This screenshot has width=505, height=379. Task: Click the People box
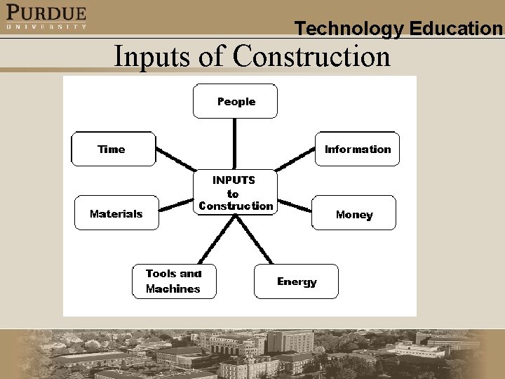click(236, 102)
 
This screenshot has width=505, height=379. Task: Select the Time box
click(113, 149)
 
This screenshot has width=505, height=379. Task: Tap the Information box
click(357, 149)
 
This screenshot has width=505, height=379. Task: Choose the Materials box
click(116, 213)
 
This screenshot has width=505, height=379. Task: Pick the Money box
click(353, 213)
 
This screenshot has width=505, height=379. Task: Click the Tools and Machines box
click(174, 281)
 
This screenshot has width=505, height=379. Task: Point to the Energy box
click(296, 281)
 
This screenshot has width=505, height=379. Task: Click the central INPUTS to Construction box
click(235, 192)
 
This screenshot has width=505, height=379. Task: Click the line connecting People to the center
click(235, 144)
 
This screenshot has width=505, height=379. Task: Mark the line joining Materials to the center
click(176, 205)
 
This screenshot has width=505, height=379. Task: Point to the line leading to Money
click(293, 204)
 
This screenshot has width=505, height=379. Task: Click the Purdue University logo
click(46, 17)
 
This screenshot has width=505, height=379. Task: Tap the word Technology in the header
click(349, 29)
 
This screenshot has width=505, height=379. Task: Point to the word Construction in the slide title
click(311, 56)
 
